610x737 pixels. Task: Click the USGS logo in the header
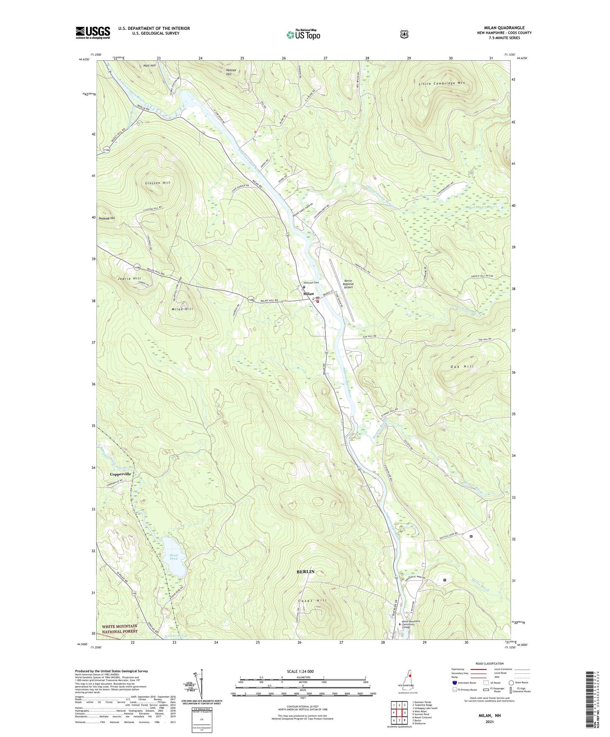pos(93,33)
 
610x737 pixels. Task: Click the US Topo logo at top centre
pos(303,34)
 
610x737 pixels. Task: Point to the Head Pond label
pos(174,557)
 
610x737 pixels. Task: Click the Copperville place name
pos(121,474)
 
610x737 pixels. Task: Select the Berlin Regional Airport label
pos(348,284)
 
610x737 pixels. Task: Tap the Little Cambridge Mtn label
pos(442,83)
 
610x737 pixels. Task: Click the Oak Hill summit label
pos(452,366)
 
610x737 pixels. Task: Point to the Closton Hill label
pos(157,183)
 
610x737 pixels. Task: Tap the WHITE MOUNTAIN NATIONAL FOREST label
pos(119,629)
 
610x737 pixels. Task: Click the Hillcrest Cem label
pos(310,283)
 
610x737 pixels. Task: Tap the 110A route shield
pos(106,149)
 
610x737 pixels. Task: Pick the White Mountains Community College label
pos(411,624)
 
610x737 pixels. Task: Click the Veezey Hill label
pos(229,72)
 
